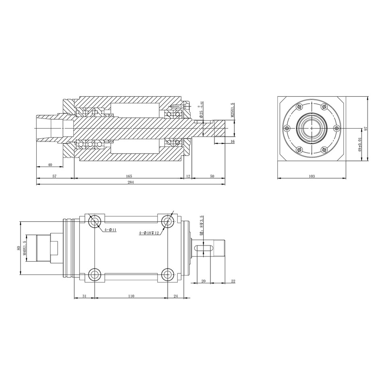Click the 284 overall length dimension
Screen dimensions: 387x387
coord(130,182)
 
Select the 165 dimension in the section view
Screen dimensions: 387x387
coord(129,176)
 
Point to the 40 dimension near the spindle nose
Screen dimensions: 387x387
coord(50,164)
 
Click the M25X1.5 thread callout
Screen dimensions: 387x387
coord(233,110)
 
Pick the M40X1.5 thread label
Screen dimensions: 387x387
coord(25,248)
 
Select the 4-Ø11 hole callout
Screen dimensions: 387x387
coord(110,230)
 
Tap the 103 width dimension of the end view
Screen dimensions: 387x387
coord(311,176)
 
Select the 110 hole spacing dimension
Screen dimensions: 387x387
coord(131,296)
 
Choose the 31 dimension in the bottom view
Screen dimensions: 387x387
coord(84,296)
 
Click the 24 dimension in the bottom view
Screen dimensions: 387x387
coord(175,296)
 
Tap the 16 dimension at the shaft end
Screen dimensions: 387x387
coord(232,141)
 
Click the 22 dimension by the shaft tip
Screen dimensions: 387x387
coord(233,281)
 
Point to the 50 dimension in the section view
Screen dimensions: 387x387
coord(212,176)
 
